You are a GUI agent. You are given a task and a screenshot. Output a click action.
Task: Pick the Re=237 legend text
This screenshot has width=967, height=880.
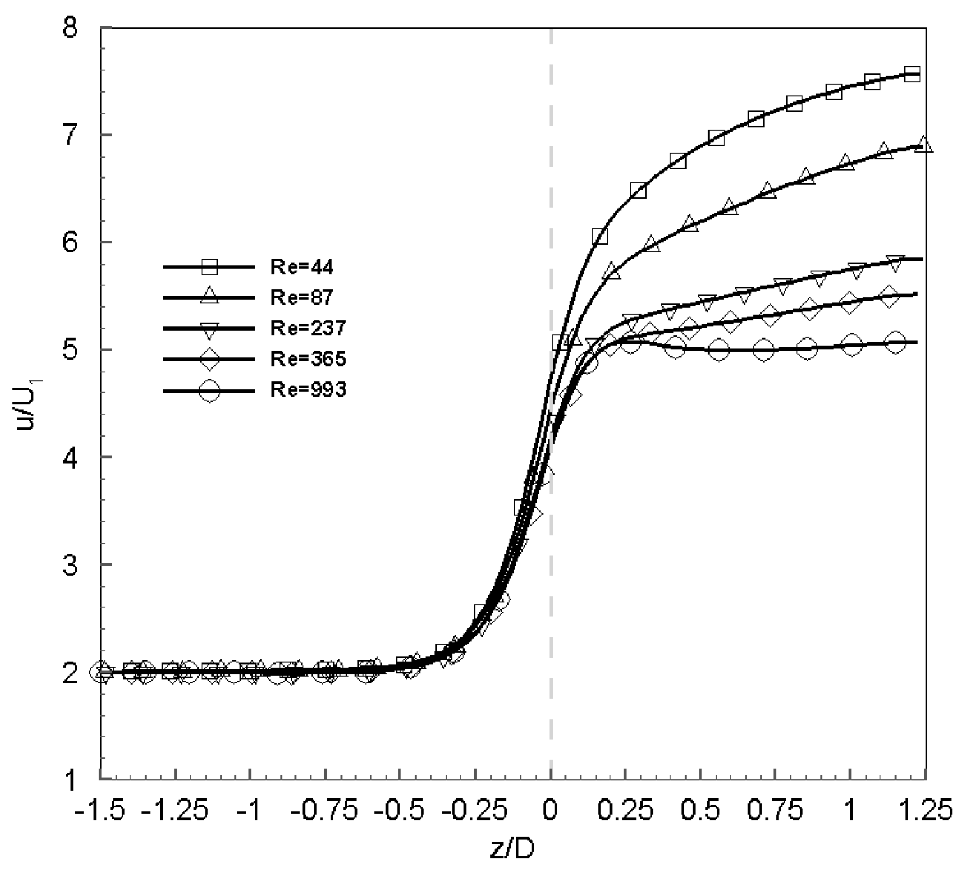307,328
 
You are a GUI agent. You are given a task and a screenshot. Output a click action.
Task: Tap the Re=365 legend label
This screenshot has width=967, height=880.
307,359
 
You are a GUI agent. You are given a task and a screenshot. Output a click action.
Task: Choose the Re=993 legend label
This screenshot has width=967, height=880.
307,390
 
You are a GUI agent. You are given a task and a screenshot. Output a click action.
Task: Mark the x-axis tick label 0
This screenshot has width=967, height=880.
550,811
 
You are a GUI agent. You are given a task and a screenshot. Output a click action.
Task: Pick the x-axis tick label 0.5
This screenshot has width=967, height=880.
700,811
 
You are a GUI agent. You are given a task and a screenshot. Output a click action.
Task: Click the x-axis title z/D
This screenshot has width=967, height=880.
513,850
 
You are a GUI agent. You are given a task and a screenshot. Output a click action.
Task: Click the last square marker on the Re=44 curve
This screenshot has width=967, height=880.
912,74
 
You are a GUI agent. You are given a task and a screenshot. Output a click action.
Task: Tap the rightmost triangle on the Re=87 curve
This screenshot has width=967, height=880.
924,144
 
